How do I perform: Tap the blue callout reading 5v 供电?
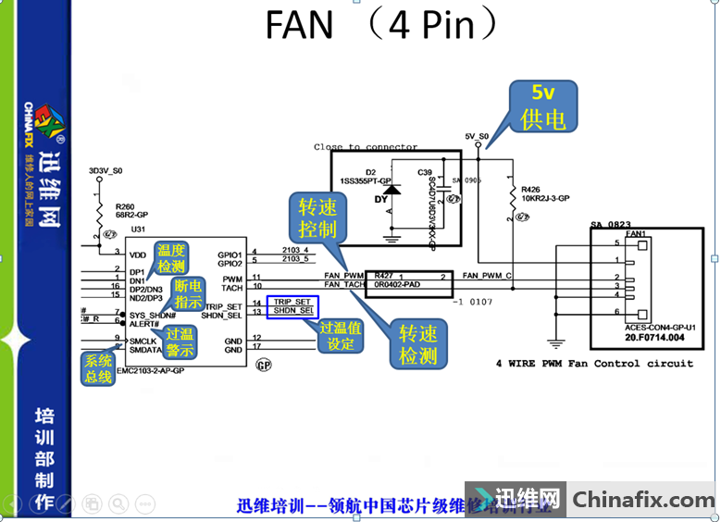(x=543, y=106)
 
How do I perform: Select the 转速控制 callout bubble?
(x=317, y=217)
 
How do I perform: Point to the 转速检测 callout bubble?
(x=418, y=342)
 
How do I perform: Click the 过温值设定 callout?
(x=340, y=336)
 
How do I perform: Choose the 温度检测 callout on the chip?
(x=170, y=258)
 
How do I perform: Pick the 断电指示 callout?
(x=188, y=293)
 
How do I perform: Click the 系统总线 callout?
(x=99, y=368)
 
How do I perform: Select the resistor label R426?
(x=532, y=188)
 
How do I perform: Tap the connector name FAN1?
(x=635, y=234)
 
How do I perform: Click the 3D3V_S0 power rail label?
(x=105, y=171)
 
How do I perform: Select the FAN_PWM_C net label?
(x=487, y=276)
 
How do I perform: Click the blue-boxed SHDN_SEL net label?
(x=293, y=312)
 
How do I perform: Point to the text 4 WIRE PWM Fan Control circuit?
(x=594, y=363)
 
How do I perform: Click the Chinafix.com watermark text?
(x=643, y=500)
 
